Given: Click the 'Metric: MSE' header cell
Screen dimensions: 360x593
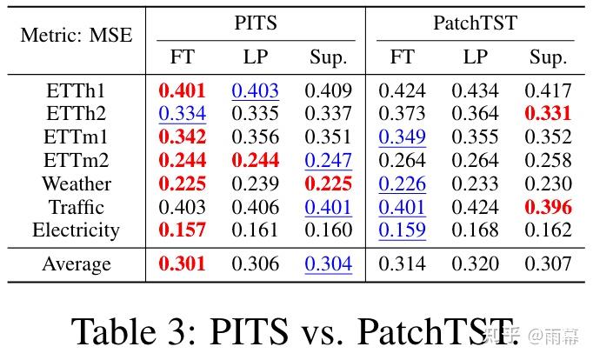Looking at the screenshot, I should click(77, 36).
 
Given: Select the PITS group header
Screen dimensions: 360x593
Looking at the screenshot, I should click(256, 23).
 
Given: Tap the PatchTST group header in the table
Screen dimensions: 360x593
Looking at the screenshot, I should click(475, 23).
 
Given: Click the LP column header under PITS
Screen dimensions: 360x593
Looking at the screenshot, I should click(256, 57).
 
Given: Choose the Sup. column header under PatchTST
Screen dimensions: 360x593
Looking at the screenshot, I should click(548, 57).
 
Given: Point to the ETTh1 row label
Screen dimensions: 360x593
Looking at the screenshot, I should click(77, 91).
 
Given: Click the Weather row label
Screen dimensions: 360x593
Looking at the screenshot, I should click(77, 184).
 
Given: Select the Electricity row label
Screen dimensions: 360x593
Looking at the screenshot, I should click(77, 230).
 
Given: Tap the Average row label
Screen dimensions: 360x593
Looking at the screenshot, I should click(77, 264).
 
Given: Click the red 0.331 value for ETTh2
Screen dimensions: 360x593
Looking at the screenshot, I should click(548, 115).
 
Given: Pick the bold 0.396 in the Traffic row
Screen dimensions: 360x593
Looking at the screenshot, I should click(548, 208).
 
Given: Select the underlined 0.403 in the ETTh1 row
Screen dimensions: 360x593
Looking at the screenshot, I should click(256, 91).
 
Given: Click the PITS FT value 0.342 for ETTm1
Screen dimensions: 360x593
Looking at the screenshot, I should click(182, 138).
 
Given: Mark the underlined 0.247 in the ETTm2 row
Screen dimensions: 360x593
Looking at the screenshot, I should click(329, 161).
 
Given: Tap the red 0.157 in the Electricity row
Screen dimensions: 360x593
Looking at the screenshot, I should click(182, 230).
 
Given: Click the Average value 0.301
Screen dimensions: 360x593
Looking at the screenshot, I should click(182, 264).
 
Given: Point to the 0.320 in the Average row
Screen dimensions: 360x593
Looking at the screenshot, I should click(475, 264).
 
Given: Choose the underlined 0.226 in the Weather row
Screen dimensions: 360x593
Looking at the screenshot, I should click(402, 184).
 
